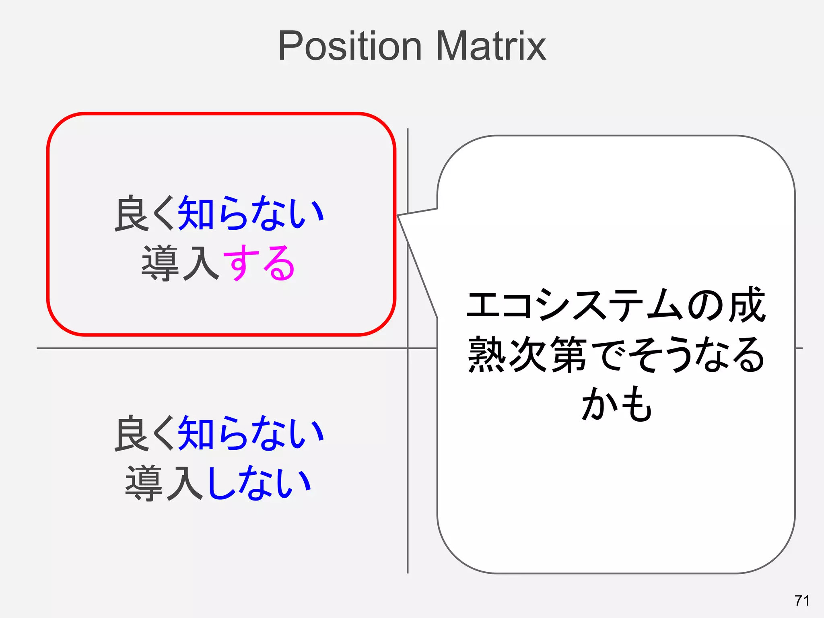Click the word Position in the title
(x=350, y=46)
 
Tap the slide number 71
(x=802, y=600)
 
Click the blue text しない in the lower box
(x=260, y=483)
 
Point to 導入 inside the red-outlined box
(x=181, y=264)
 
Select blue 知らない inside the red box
(x=251, y=213)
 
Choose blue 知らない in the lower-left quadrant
(x=251, y=434)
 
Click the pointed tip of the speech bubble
(x=398, y=216)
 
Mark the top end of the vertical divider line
(x=408, y=130)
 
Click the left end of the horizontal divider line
(x=38, y=348)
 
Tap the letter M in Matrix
(x=451, y=46)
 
